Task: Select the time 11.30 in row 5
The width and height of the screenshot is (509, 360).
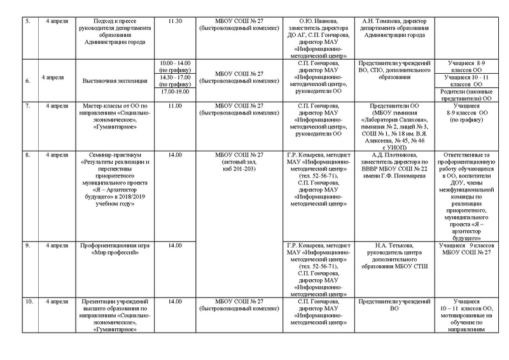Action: click(x=175, y=21)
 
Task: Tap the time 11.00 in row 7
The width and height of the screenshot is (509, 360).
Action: click(x=175, y=104)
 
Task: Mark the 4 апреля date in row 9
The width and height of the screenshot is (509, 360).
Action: click(x=54, y=245)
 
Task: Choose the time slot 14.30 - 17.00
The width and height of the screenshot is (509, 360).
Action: click(x=175, y=78)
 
